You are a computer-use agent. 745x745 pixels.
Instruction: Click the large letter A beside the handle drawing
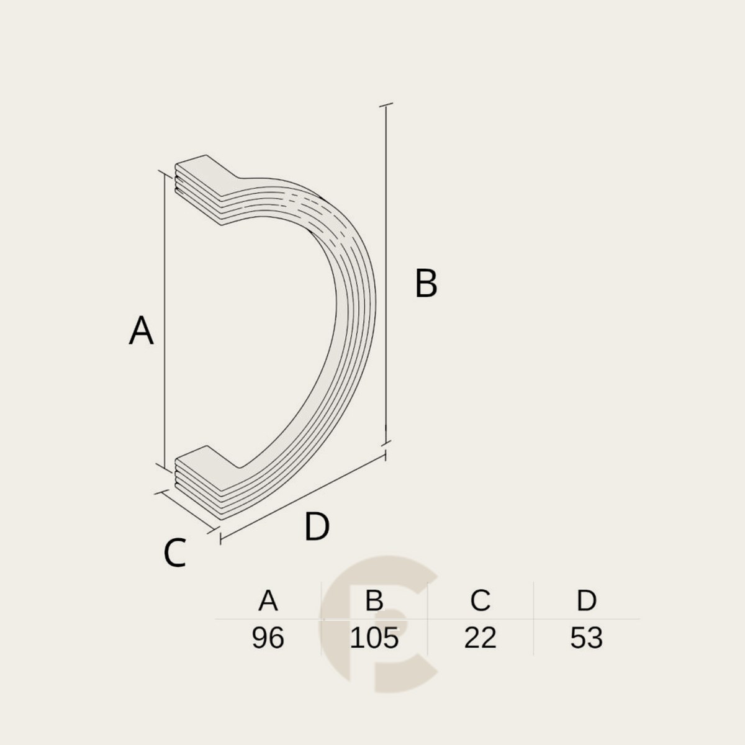point(141,330)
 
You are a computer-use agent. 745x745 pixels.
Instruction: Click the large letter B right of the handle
point(426,283)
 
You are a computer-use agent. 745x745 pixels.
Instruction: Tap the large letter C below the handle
point(175,553)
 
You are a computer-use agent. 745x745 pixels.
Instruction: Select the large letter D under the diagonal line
point(317,526)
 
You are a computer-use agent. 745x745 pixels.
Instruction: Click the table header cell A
point(268,600)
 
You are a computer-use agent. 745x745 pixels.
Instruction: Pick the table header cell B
point(374,600)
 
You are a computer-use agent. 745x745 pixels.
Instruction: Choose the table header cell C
point(480,600)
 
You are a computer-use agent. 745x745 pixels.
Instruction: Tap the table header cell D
point(587,600)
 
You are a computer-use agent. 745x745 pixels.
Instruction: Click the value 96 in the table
point(268,638)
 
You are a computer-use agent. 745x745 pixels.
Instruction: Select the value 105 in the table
point(374,638)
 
